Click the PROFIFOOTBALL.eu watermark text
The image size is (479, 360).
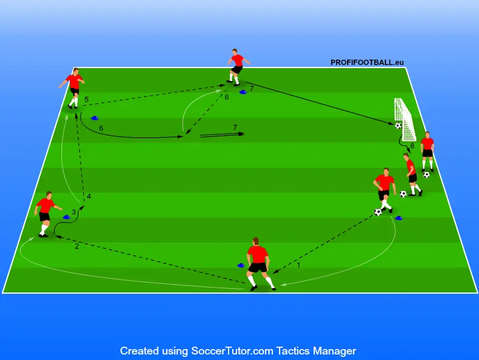pos(367,63)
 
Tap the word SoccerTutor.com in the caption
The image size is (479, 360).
pos(232,351)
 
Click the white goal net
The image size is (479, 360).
pos(404,119)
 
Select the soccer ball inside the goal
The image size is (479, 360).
pos(398,125)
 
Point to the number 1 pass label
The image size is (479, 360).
pos(298,265)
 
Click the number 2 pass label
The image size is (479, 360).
pos(77,246)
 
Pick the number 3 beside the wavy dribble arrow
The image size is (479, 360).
pos(74,212)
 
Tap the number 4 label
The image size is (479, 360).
pos(89,196)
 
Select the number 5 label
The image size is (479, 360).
pos(86,99)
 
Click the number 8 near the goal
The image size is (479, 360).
pos(412,146)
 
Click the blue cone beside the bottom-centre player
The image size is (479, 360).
pos(241,265)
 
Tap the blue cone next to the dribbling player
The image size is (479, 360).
pos(399,218)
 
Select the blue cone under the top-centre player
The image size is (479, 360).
pos(243,92)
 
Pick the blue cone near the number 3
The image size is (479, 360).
pos(67,217)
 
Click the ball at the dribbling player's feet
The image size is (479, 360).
pos(378,212)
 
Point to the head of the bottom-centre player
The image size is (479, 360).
pos(256,241)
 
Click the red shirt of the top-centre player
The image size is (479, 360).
pos(237,60)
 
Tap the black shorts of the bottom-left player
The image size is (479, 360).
pos(44,216)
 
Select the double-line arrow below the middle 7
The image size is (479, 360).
pos(222,135)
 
